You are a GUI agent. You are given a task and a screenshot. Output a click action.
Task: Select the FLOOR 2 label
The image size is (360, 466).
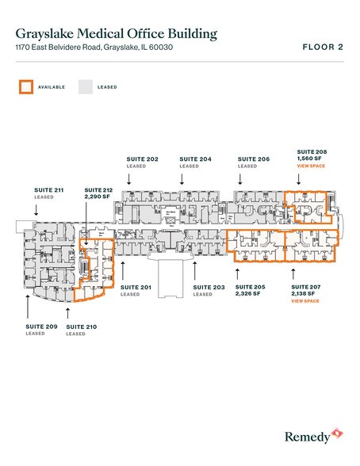(323, 48)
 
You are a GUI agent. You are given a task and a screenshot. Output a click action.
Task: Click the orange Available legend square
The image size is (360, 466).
(26, 86)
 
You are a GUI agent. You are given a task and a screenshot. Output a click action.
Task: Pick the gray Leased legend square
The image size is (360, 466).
(85, 86)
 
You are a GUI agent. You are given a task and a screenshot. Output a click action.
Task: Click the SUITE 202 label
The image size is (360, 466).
(143, 159)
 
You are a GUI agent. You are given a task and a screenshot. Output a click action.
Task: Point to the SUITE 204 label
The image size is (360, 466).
(195, 159)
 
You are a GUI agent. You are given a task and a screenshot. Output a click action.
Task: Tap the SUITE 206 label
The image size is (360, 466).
(254, 159)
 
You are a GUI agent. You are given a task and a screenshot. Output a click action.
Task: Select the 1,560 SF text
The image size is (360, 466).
(308, 159)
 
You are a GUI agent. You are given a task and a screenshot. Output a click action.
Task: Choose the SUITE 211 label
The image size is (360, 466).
(49, 190)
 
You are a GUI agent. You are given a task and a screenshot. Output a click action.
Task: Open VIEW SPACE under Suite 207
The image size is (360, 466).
(304, 301)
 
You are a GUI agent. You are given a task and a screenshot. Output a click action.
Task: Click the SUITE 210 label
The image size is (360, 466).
(81, 327)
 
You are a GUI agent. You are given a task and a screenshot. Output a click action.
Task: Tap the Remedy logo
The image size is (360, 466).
(314, 434)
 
